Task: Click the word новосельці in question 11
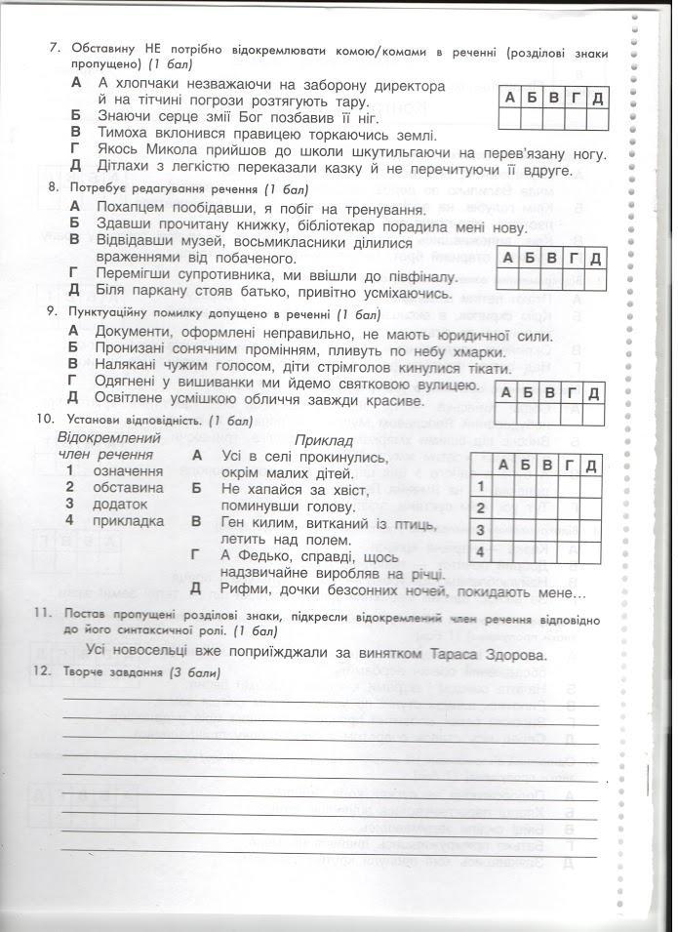point(172,653)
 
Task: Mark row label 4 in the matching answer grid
point(480,552)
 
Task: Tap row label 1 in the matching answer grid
point(480,485)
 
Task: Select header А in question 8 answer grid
point(508,258)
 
